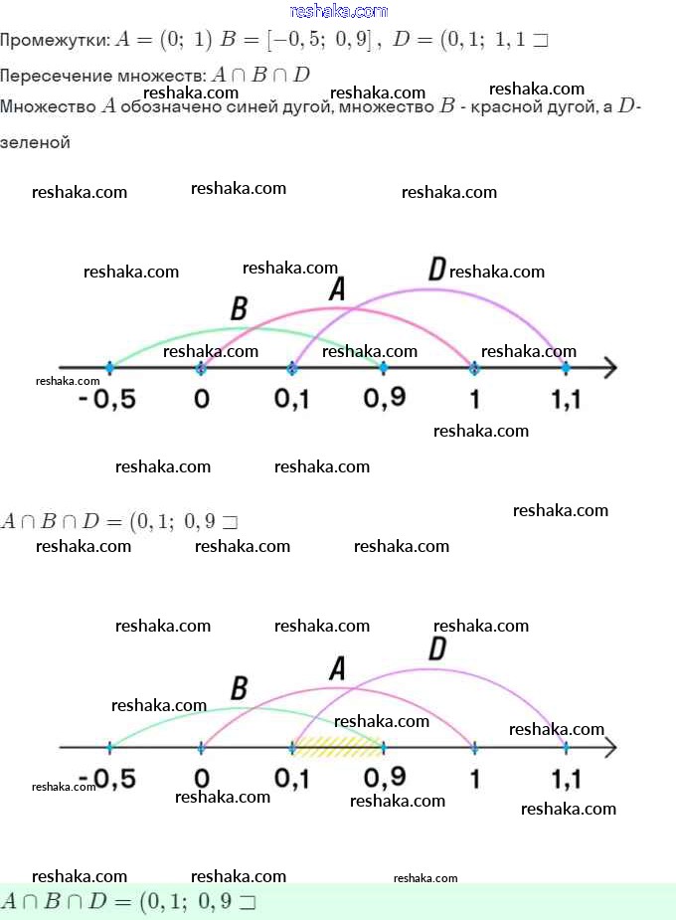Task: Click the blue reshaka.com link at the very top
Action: point(338,11)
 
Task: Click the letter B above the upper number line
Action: point(239,308)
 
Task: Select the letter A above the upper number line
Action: point(337,288)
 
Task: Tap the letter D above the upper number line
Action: point(436,269)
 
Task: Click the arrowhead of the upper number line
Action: point(609,368)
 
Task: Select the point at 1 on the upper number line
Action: point(474,368)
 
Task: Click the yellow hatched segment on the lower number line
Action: point(338,746)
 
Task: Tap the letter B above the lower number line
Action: point(239,688)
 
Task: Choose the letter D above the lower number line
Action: point(436,649)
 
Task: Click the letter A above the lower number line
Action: point(337,669)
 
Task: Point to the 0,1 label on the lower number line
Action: point(292,778)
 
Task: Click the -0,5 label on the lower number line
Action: point(108,778)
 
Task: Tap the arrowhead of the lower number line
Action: point(609,747)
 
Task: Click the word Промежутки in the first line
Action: point(55,41)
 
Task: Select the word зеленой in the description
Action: point(36,142)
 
